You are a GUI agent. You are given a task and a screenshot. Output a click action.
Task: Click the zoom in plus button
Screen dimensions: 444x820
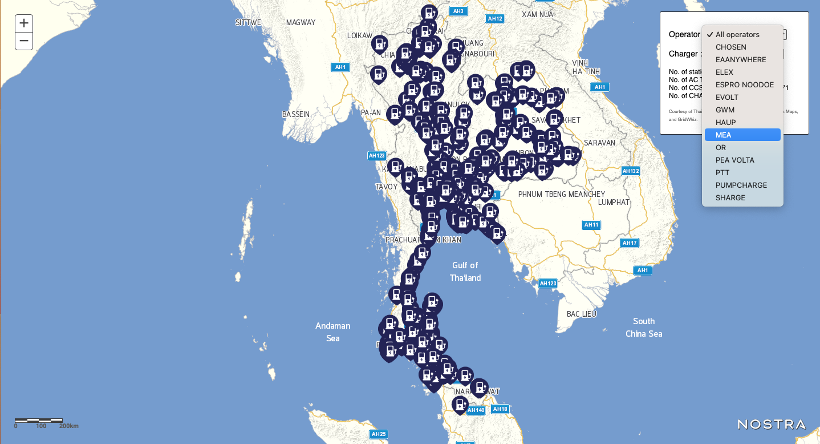(x=24, y=23)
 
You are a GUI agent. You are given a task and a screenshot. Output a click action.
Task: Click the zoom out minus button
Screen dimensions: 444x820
(x=24, y=41)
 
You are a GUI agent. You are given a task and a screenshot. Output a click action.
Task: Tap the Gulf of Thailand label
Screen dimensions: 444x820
(x=465, y=272)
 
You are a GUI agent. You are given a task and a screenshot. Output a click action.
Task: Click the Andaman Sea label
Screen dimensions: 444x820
(x=333, y=332)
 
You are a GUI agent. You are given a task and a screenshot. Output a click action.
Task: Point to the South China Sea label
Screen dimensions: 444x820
(x=644, y=327)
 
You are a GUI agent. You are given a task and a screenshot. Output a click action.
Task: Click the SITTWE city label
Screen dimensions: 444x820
(x=248, y=22)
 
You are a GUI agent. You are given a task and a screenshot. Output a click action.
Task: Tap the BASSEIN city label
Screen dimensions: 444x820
(x=296, y=114)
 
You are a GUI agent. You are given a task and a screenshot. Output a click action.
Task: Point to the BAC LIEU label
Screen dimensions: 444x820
(x=582, y=314)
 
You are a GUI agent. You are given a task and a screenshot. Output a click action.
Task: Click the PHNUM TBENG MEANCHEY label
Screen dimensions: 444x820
(x=562, y=194)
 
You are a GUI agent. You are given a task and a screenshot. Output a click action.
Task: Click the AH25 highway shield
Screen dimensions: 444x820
(x=379, y=434)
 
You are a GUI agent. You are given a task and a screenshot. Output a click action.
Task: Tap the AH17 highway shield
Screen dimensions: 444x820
(x=630, y=243)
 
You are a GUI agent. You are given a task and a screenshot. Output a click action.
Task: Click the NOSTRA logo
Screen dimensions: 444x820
(x=772, y=425)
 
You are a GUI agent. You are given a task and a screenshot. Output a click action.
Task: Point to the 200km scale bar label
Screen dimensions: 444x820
(x=68, y=426)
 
